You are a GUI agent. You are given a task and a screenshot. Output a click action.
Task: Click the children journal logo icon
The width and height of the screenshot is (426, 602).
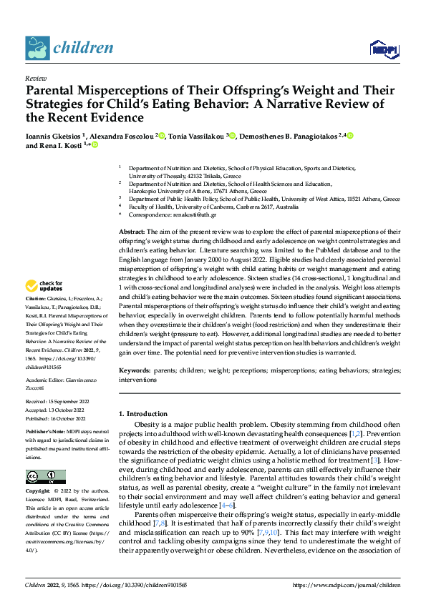(x=37, y=48)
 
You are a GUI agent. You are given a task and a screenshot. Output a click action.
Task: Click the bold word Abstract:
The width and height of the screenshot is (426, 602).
(x=131, y=232)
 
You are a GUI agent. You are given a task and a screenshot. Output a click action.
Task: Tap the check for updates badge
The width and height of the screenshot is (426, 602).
(x=45, y=287)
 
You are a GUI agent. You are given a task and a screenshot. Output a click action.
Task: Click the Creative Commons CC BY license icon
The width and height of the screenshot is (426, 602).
(x=45, y=477)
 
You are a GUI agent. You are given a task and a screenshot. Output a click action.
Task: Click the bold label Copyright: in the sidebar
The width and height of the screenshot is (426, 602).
(x=38, y=492)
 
